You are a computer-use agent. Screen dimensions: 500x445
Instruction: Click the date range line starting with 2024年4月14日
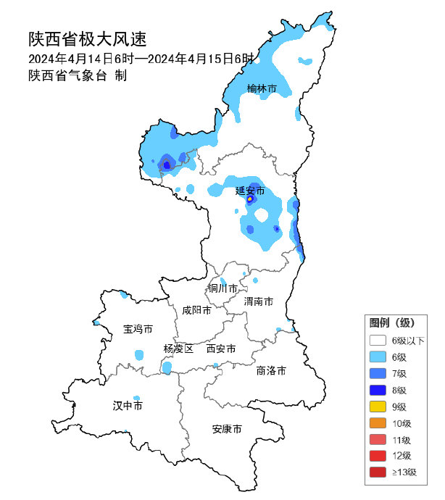(x=142, y=59)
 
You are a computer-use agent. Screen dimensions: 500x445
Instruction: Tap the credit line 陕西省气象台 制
(x=78, y=75)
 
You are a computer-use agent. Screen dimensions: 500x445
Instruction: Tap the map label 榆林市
(x=262, y=88)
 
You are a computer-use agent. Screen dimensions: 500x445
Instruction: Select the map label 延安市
(x=250, y=191)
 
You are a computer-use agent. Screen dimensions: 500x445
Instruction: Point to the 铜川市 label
(x=223, y=288)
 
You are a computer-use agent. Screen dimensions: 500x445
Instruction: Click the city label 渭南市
(x=259, y=301)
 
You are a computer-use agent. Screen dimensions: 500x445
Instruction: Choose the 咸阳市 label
(x=196, y=310)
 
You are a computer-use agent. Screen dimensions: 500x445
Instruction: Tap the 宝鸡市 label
(x=138, y=329)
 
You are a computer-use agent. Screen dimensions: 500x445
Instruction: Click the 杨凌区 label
(x=178, y=349)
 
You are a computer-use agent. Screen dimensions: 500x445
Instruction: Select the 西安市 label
(x=221, y=349)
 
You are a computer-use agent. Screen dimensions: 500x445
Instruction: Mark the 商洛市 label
(x=271, y=370)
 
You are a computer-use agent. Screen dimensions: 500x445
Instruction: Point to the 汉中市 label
(x=128, y=405)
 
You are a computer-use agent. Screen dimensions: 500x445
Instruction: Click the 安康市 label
(x=227, y=429)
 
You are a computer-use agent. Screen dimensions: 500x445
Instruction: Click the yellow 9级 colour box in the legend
(x=377, y=407)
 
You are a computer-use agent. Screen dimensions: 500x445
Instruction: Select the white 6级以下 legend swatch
(x=377, y=341)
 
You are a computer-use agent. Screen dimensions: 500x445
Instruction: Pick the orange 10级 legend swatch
(x=377, y=423)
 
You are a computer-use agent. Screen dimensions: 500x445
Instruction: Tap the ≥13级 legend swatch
(x=377, y=472)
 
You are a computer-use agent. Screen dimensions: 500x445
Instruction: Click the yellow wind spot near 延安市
(x=250, y=198)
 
